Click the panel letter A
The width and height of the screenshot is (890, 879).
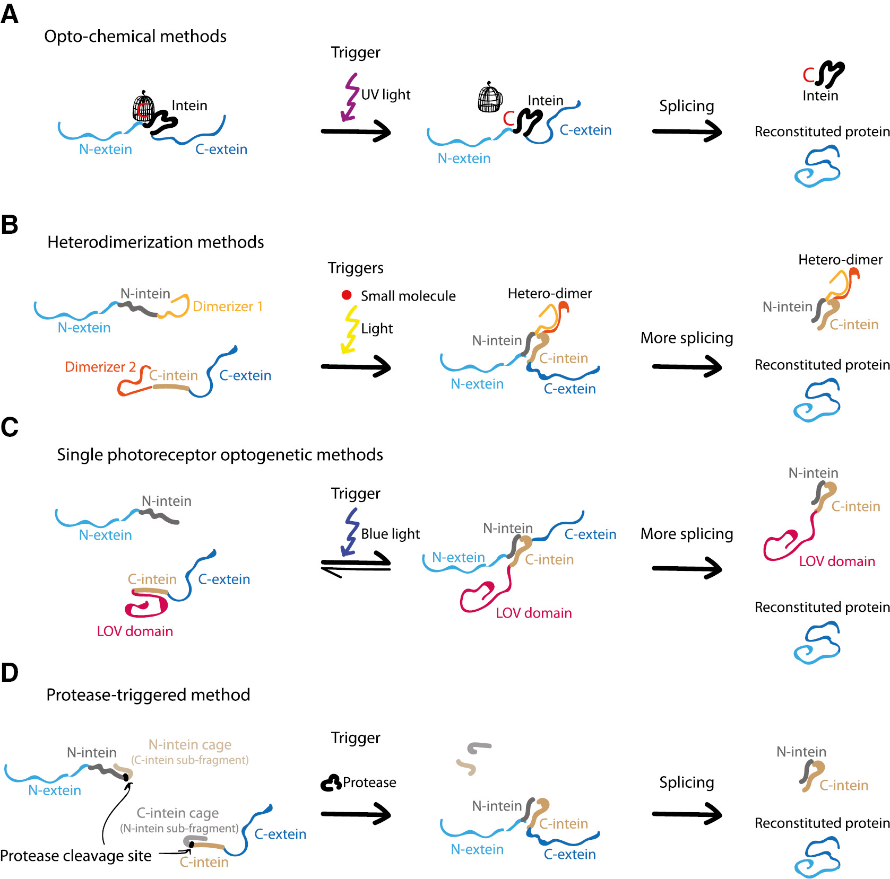pos(10,14)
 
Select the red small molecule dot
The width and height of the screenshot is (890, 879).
pos(347,295)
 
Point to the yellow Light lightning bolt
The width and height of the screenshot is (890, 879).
pos(350,329)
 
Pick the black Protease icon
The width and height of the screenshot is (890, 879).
pos(331,783)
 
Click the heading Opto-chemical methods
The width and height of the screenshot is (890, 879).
pos(135,36)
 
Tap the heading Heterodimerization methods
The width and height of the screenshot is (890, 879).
pos(155,242)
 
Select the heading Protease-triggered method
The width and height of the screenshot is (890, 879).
pos(148,695)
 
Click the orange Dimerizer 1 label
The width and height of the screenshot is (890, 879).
pos(228,306)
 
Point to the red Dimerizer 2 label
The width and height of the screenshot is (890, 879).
pos(100,367)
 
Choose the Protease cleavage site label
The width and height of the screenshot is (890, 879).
pos(76,856)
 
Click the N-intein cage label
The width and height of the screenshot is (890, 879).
pos(189,745)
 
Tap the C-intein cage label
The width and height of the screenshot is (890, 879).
pos(177,813)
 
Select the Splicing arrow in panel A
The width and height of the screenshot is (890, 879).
pos(687,131)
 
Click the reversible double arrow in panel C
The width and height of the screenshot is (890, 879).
pos(356,565)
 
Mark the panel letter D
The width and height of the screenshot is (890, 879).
pos(10,673)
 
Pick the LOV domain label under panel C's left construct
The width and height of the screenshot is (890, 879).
pos(135,631)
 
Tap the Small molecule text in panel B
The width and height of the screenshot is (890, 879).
pos(408,296)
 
